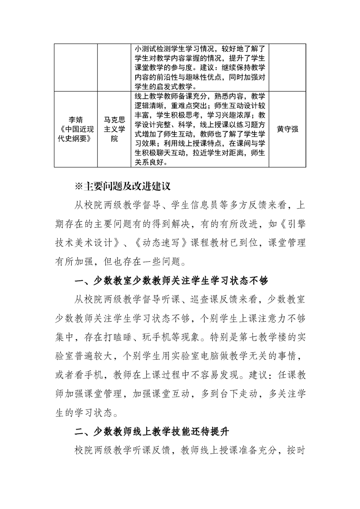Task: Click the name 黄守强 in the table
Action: (x=287, y=129)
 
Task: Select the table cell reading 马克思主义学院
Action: (x=114, y=129)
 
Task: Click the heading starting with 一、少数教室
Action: (x=171, y=281)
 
